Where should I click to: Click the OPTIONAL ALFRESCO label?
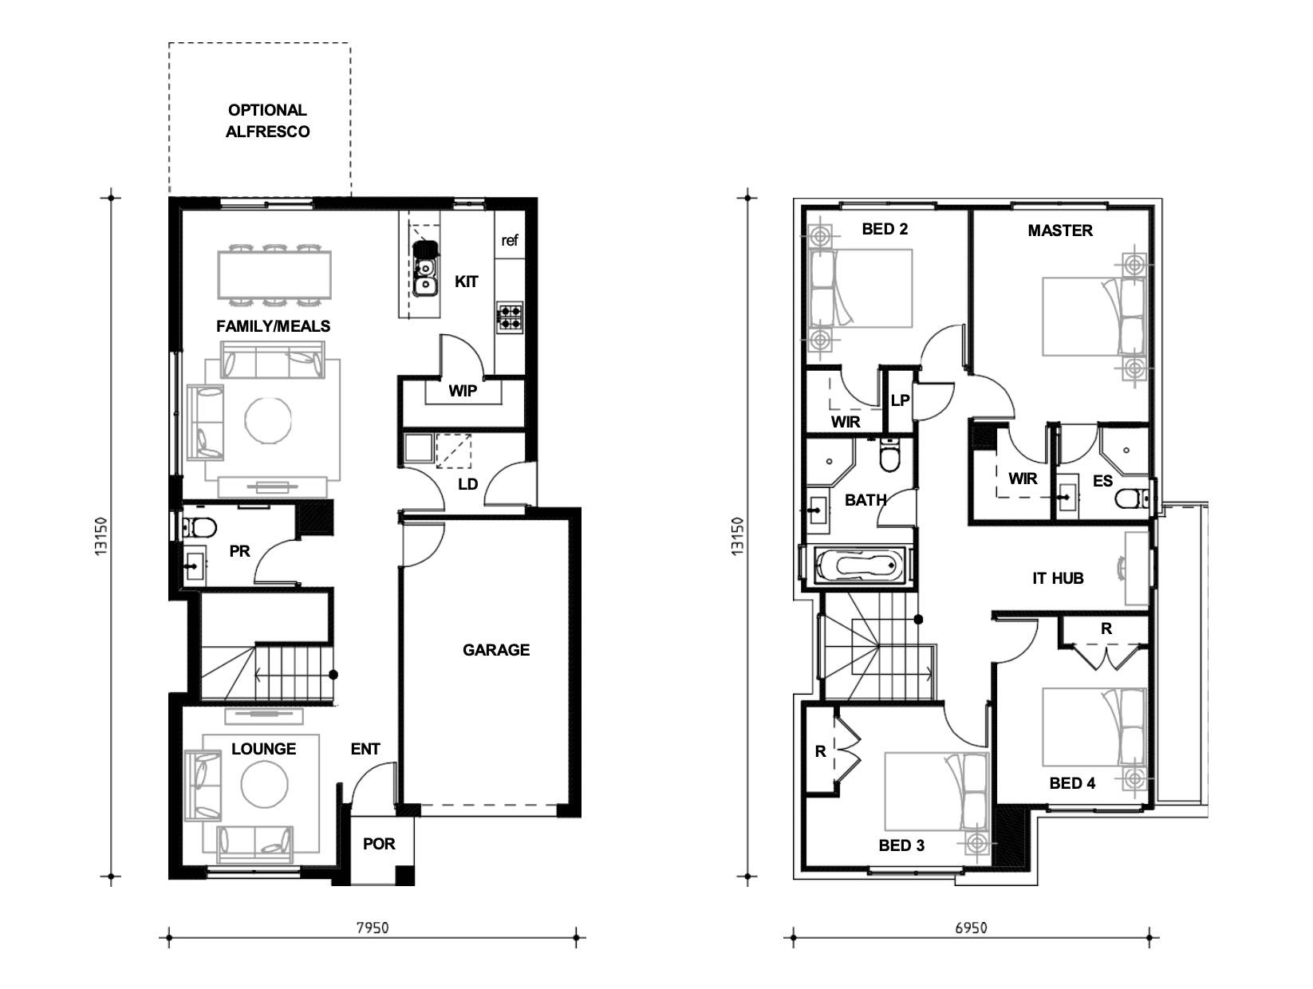coord(267,121)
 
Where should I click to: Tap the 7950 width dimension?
coord(372,928)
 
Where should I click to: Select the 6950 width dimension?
coord(971,928)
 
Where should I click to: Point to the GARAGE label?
coord(495,650)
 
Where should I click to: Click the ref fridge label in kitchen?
coord(509,240)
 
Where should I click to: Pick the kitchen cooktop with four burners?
coord(510,317)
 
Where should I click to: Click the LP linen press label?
coord(900,400)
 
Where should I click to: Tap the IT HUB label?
coord(1058,578)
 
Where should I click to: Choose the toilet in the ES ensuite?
coord(1129,499)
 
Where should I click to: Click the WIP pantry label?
coord(463,391)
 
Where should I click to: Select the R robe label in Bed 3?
coord(820,751)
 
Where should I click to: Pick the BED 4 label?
coord(1072,783)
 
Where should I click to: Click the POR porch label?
coord(379,844)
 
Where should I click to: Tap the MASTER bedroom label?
coord(1059,231)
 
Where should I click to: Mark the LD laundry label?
coord(467,484)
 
